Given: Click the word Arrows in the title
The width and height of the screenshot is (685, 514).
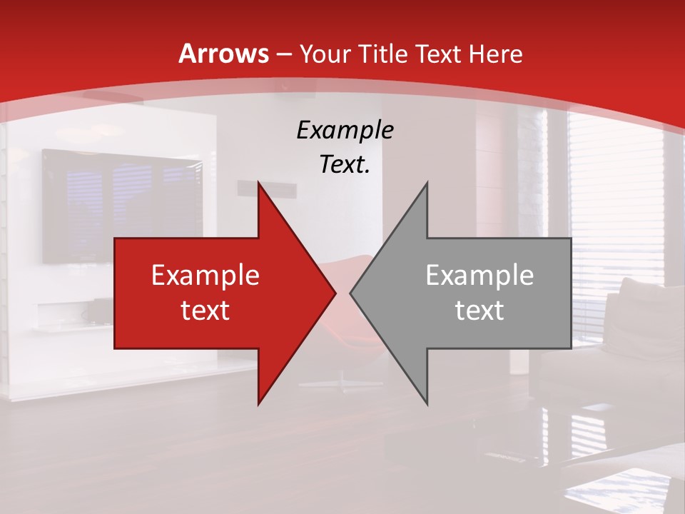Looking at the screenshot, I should pos(223,54).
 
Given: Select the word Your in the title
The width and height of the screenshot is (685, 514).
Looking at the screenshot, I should pos(325,54).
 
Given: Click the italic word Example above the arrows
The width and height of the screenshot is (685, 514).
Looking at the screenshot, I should pos(345,130).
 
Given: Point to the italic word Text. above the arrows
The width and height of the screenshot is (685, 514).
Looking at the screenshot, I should pos(345,164).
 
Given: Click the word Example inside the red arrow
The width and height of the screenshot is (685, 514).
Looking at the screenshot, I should pos(205,276).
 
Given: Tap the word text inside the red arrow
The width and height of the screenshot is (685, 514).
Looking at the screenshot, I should pos(205,311).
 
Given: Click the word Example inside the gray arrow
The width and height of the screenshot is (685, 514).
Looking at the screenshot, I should pos(479,276).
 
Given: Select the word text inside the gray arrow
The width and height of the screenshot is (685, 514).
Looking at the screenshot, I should pos(479,311).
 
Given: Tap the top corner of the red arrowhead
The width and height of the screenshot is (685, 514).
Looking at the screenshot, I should pos(259,183).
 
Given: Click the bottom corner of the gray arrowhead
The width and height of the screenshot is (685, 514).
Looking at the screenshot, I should pos(427,403).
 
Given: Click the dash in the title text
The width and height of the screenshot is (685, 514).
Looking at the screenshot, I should pos(283,54).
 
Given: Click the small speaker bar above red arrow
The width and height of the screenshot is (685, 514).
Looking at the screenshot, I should pos(265,188).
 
